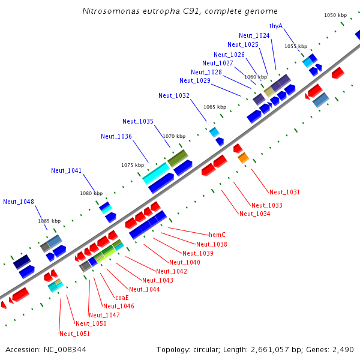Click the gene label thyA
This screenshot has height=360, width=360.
pos(276,26)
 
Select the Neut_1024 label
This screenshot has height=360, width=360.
pos(254,35)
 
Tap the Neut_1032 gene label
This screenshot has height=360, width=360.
pos(174,95)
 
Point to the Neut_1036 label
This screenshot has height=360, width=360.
pos(116,136)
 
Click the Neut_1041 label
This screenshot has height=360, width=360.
pos(67,170)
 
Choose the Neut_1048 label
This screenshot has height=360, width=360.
pos(19,202)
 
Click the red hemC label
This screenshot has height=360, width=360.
pos(217,235)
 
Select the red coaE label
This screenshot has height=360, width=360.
pos(122,297)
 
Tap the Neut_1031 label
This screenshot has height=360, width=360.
pos(284,192)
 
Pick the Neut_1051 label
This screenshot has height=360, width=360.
pos(74,334)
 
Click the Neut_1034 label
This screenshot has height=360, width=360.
pos(254,214)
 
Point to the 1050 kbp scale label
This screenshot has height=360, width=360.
pos(335,15)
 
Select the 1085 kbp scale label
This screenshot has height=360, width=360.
pos(49,221)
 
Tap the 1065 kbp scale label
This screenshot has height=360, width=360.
pos(215,107)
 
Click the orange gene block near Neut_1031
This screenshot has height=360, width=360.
pos(243,158)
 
